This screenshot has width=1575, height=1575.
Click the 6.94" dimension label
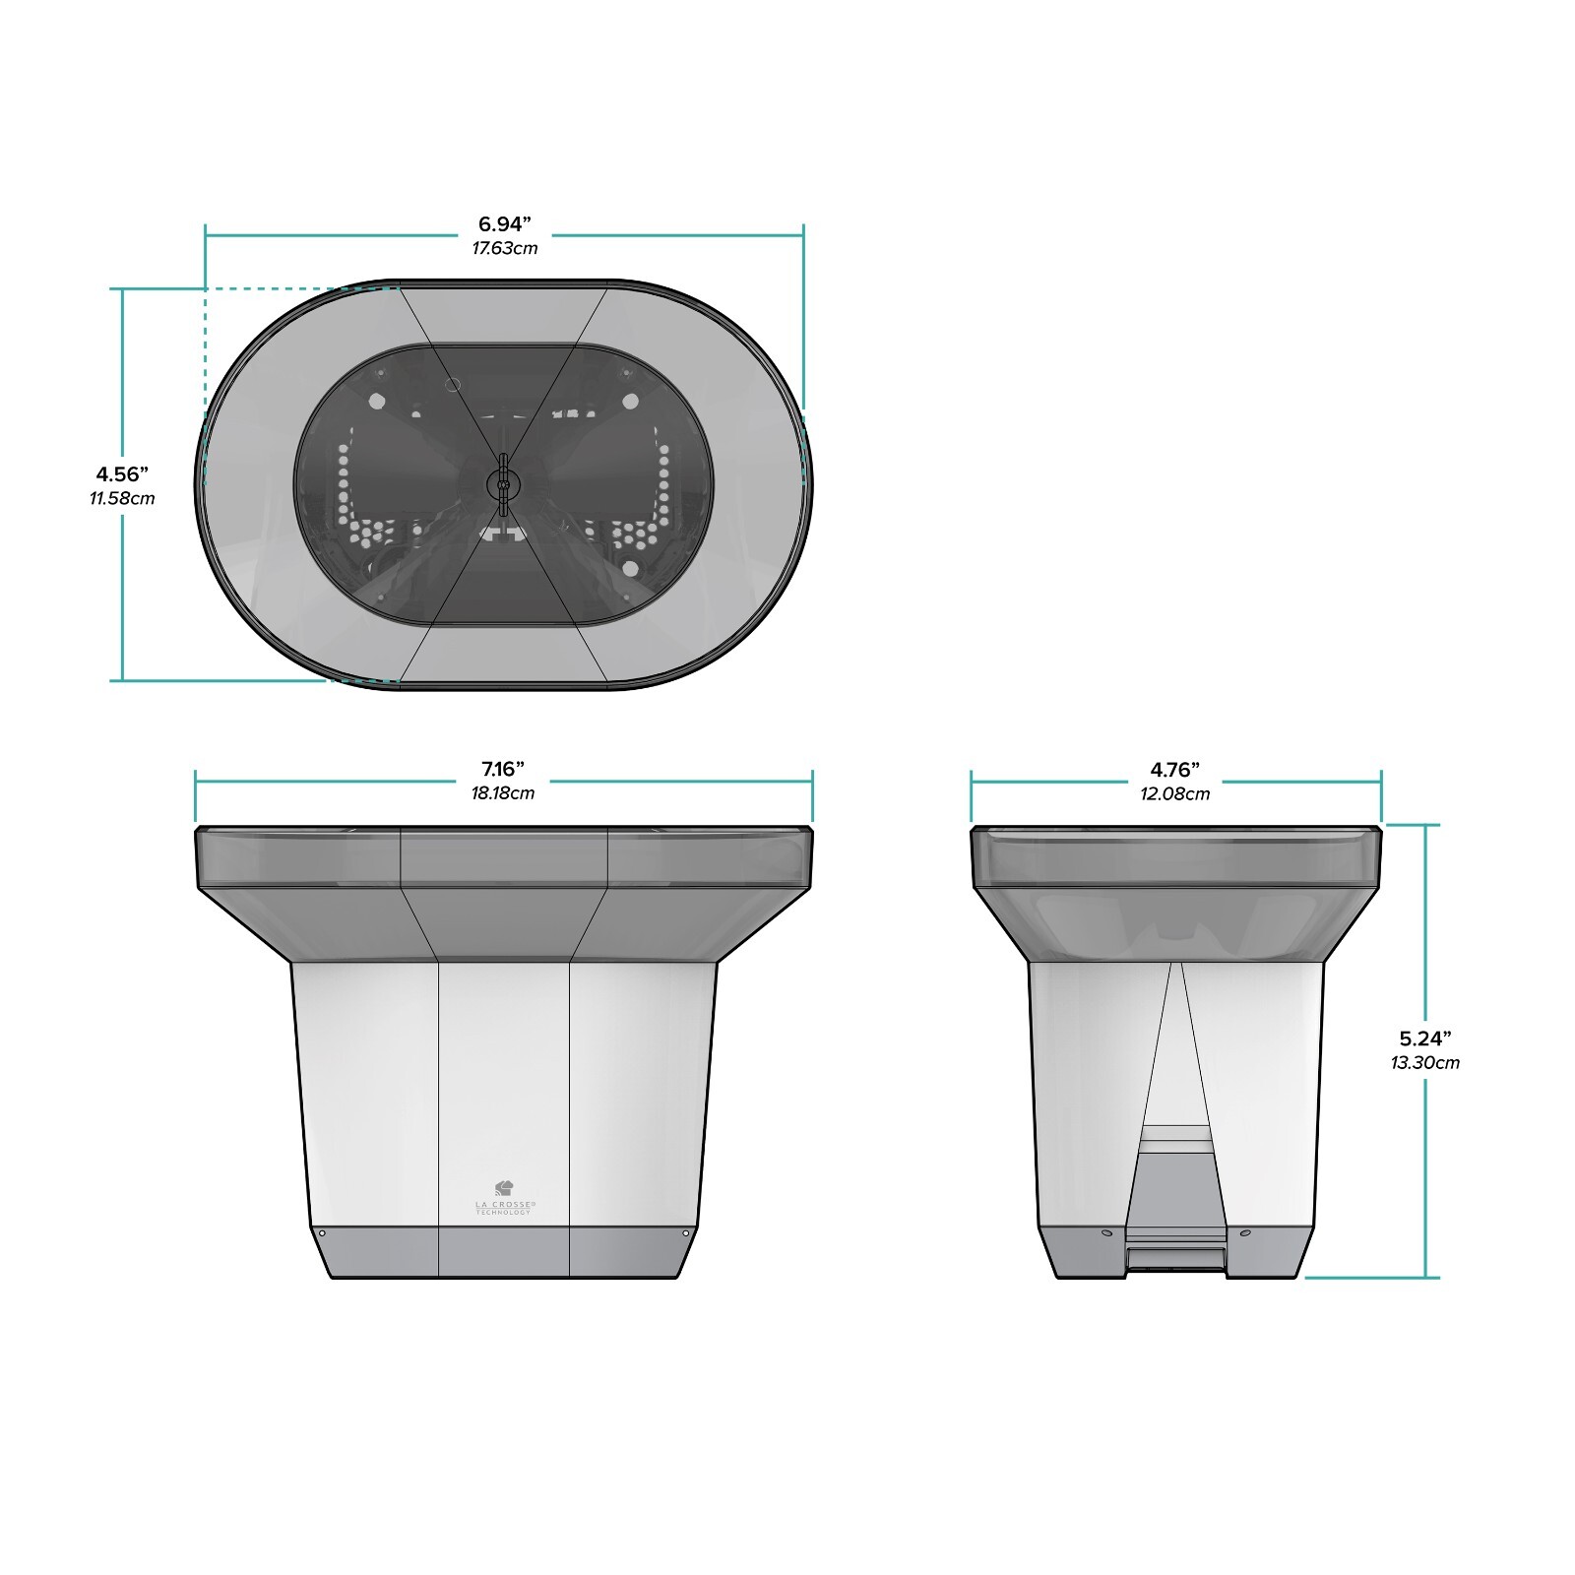[x=504, y=224]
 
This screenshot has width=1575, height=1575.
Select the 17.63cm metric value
[x=504, y=248]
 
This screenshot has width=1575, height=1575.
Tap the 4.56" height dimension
[x=122, y=474]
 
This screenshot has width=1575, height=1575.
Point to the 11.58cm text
[x=122, y=498]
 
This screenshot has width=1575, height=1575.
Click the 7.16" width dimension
[x=502, y=769]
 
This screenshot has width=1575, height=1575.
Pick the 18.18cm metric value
[x=502, y=793]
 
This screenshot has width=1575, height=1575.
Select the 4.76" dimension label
[x=1174, y=769]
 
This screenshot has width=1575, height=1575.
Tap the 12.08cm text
[x=1174, y=793]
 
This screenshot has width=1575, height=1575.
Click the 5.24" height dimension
[x=1424, y=1038]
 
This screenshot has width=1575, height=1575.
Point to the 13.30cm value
[x=1424, y=1062]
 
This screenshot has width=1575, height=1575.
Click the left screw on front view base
[x=321, y=1232]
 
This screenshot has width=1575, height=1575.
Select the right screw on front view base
[x=685, y=1232]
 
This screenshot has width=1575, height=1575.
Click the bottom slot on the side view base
[x=1175, y=1258]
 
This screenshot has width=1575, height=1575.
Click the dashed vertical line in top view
[x=205, y=384]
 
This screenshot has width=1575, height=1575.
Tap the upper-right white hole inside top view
[x=630, y=401]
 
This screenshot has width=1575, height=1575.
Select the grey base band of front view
[x=503, y=1251]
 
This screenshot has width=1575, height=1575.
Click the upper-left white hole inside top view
[x=375, y=401]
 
